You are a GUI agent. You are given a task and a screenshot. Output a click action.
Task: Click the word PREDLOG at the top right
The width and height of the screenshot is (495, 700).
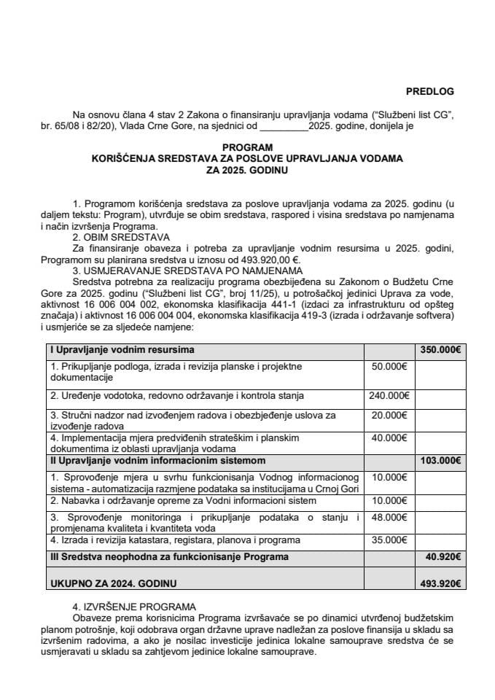(429, 91)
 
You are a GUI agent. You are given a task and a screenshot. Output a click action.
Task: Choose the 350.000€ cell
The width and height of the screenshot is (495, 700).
(440, 349)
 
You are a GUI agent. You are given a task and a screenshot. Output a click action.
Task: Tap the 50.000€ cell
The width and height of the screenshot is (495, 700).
(390, 366)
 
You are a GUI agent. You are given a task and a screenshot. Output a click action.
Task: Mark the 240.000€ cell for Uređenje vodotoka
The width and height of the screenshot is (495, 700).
(390, 396)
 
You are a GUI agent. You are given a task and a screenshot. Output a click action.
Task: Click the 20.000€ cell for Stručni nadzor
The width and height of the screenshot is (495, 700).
(390, 415)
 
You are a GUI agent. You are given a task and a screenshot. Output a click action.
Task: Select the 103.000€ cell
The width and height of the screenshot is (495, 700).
(440, 461)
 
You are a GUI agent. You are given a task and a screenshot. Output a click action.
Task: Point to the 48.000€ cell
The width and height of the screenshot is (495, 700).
(390, 517)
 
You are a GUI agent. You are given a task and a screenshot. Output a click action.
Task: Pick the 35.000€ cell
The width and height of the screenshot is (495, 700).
(390, 540)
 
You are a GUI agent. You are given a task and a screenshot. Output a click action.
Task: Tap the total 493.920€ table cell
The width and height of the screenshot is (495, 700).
(442, 583)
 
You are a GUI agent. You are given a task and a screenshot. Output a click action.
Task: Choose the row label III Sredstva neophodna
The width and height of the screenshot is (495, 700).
(169, 556)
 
